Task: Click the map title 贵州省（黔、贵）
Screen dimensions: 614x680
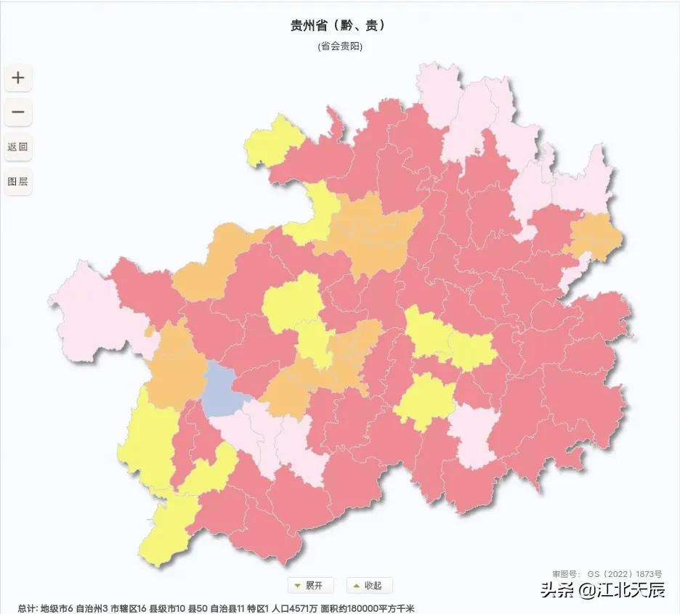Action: pos(338,25)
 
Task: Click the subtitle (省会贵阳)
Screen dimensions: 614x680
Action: pos(339,46)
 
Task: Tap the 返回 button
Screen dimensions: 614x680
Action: pos(18,147)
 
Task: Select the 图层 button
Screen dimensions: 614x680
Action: pos(18,181)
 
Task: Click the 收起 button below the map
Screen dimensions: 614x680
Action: pos(369,585)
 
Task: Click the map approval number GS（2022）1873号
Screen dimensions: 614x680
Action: pos(607,573)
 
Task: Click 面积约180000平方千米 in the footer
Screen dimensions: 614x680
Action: pos(367,608)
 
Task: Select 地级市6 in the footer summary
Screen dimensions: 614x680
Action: pos(57,608)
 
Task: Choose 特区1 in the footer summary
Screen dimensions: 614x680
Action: pos(258,608)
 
